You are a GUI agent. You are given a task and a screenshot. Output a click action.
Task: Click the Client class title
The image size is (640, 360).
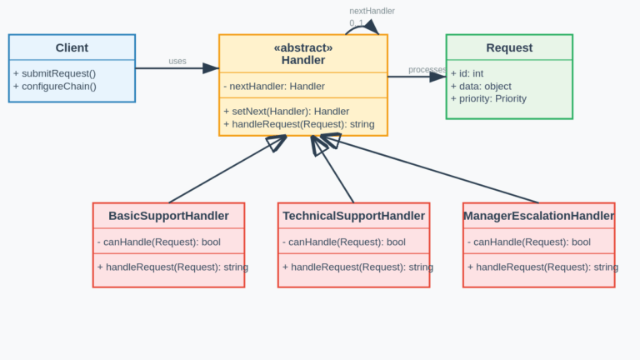[x=72, y=48]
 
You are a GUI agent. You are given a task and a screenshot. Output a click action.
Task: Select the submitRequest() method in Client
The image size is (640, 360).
[x=54, y=72]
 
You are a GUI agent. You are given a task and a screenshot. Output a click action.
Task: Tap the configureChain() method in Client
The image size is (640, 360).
[x=55, y=86]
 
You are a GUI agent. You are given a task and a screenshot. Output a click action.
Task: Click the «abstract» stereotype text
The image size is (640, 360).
[x=302, y=47]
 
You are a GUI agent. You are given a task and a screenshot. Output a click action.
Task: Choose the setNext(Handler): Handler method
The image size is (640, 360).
[x=286, y=111]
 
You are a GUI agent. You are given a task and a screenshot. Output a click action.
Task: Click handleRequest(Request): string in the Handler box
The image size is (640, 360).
[x=298, y=124]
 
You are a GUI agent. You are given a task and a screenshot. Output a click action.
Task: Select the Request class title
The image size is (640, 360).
[x=509, y=48]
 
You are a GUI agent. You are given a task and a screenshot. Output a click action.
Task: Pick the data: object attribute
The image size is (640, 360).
[x=481, y=86]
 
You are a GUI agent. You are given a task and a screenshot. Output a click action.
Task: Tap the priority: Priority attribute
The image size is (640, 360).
[x=488, y=98]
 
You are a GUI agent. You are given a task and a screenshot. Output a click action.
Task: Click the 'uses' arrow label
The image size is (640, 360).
[x=177, y=62]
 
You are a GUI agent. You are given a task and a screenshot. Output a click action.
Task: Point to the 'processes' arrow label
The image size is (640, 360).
[x=427, y=69]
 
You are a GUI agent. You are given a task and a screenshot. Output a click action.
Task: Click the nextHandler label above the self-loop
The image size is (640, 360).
[x=372, y=11]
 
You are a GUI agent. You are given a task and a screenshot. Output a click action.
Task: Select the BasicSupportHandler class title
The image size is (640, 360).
[x=168, y=216]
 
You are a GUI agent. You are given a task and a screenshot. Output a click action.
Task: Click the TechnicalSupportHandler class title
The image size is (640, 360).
[x=353, y=216]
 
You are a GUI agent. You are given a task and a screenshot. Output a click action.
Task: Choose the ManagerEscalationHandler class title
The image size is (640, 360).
[x=538, y=216]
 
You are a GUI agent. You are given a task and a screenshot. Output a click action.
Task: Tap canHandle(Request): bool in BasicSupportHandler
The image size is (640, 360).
[x=158, y=242]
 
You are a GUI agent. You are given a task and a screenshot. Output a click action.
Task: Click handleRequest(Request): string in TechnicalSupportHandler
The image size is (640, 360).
[x=357, y=267]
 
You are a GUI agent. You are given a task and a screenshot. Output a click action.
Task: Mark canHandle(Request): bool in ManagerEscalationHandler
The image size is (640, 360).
[x=528, y=242]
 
